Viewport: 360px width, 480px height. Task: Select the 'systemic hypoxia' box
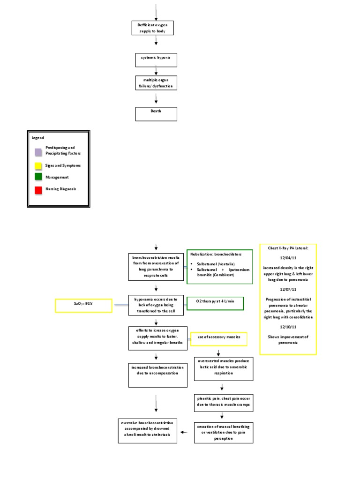pos(156,60)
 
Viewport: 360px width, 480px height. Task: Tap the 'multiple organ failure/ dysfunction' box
pos(156,83)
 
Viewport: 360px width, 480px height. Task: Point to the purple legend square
pos(37,151)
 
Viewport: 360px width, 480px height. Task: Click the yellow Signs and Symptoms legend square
pos(37,165)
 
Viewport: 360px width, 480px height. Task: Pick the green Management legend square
pos(37,177)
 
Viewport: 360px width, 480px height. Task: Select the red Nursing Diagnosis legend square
pos(37,189)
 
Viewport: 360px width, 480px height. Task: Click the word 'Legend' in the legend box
pos(37,138)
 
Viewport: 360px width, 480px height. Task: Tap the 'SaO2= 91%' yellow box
pos(84,306)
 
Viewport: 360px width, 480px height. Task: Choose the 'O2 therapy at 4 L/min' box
pos(215,304)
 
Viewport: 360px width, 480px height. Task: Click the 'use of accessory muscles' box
pos(218,338)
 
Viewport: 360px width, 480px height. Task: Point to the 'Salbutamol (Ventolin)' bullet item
pos(217,264)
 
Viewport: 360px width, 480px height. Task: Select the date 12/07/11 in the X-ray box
pos(288,289)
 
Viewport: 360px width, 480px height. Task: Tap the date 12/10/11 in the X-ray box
pos(288,326)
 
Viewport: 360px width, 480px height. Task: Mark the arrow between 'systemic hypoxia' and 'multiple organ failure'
pos(156,71)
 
